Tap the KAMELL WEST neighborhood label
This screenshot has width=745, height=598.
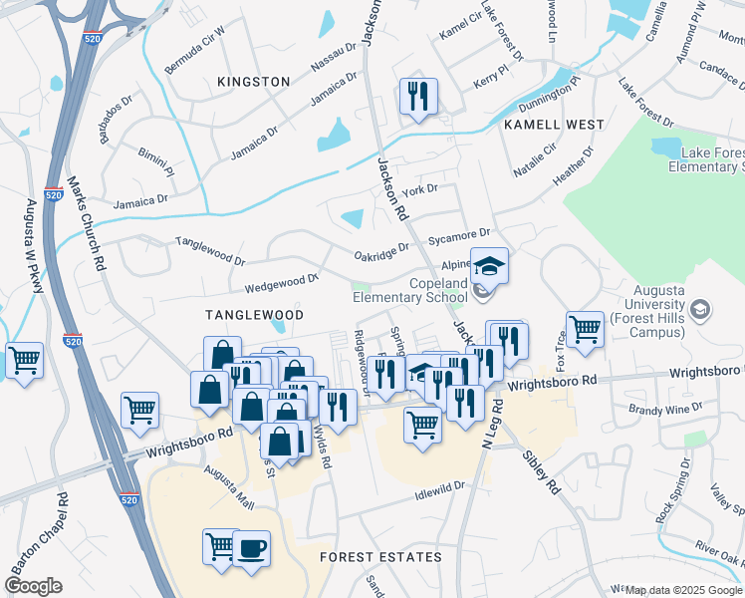(554, 125)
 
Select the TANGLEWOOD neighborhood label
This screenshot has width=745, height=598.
(253, 314)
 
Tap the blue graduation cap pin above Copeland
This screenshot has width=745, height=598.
(489, 266)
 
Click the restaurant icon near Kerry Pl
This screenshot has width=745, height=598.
(417, 97)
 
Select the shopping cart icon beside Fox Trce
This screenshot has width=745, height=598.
(585, 328)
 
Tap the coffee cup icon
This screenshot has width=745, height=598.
(251, 547)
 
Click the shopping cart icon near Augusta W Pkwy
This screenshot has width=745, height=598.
(23, 360)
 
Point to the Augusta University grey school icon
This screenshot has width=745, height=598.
(700, 308)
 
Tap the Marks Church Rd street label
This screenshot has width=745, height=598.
(86, 224)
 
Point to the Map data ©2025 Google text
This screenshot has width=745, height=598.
(683, 590)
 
